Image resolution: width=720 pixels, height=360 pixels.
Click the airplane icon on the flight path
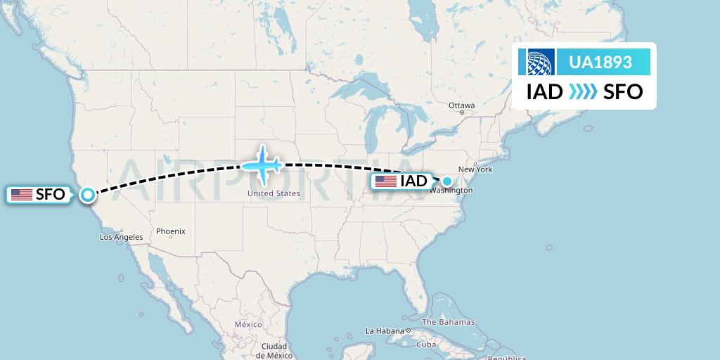[x=262, y=165]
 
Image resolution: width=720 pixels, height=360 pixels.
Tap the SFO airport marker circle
[x=88, y=195]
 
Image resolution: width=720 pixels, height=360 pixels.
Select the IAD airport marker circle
[x=446, y=181]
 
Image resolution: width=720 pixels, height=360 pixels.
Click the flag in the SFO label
[x=22, y=195]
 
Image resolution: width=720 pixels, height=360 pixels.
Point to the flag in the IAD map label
[x=385, y=181]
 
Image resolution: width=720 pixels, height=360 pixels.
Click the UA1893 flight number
[x=600, y=63]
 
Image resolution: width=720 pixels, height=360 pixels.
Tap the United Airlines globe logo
[x=536, y=63]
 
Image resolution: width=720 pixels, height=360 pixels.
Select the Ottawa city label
[x=462, y=106]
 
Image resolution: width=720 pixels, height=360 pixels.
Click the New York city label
[x=475, y=169]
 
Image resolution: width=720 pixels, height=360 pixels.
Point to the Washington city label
[x=450, y=191]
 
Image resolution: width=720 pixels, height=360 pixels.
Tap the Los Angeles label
[x=121, y=237]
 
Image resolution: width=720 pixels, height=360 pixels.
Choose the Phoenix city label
[x=170, y=231]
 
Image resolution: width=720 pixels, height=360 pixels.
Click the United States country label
[x=274, y=193]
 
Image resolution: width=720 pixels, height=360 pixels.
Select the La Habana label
[x=383, y=330]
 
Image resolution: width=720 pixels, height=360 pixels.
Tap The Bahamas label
[x=448, y=322]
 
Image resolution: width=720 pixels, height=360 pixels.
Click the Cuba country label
[x=427, y=345]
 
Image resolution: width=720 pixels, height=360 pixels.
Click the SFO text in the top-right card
[x=623, y=92]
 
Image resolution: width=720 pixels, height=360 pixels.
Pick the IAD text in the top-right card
[x=544, y=92]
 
